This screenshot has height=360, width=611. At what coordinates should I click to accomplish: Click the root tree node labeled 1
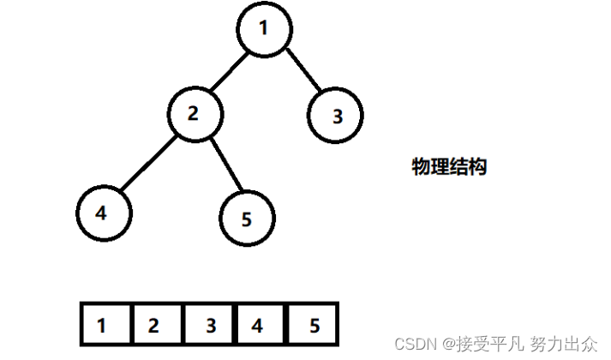[264, 29]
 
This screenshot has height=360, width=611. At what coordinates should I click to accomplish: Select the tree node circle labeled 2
[194, 113]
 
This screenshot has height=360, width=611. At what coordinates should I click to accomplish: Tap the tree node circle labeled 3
[336, 116]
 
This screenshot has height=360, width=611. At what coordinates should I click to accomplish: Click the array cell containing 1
[104, 325]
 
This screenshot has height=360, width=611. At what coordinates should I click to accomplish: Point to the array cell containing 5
[312, 325]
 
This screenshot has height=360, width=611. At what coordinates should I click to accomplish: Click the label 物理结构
[449, 167]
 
